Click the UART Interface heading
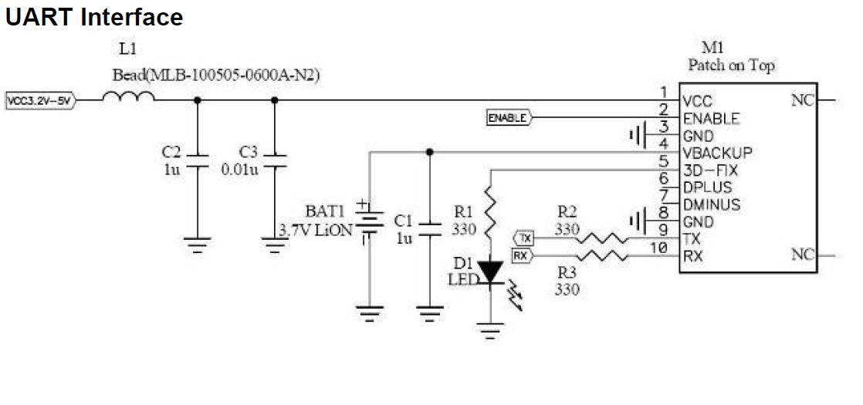[x=94, y=17]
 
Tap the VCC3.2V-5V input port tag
[x=39, y=100]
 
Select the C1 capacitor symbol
[x=429, y=227]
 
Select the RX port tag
[x=523, y=256]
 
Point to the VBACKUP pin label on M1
[x=717, y=153]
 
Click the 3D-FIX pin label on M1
[x=712, y=170]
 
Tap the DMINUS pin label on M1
[x=712, y=204]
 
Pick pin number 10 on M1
[x=658, y=248]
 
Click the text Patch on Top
[x=731, y=66]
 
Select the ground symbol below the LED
[x=489, y=332]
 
